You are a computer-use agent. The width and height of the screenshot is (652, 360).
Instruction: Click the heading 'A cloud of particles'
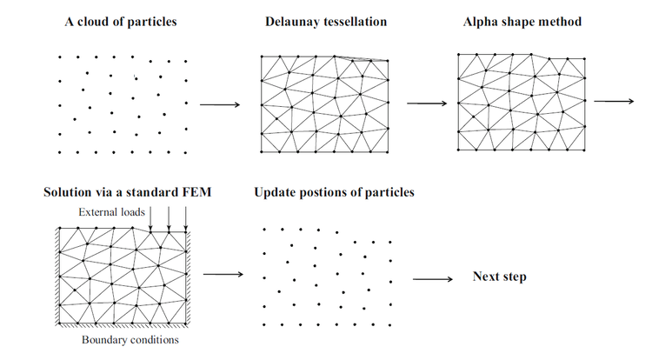point(121,21)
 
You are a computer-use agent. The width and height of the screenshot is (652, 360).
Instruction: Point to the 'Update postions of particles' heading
point(334,191)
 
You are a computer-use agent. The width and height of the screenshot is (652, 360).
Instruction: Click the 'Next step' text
point(500,277)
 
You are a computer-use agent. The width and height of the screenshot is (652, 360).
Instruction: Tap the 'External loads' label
point(110,212)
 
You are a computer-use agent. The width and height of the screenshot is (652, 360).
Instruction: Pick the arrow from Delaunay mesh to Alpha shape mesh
point(426,103)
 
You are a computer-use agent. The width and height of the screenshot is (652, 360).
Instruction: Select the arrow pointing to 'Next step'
point(432,279)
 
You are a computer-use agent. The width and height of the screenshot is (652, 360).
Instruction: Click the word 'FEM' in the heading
point(196,191)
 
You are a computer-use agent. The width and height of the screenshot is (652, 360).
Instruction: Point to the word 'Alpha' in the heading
point(482,21)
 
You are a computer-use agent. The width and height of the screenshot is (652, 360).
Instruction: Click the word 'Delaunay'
point(294,21)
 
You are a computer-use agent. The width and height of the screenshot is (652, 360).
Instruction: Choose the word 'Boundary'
point(104,340)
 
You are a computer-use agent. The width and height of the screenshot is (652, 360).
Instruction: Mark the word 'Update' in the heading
point(276,191)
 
